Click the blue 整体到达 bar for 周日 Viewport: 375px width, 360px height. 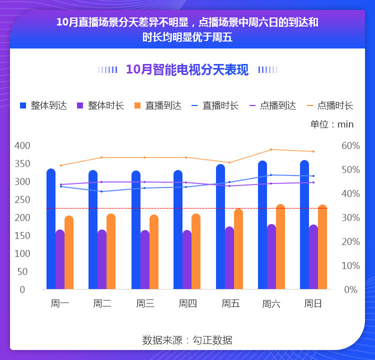coord(304,224)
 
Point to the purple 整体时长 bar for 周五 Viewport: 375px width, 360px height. coord(229,258)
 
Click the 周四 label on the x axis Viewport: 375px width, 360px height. coord(187,303)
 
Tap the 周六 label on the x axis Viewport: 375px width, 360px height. coord(271,303)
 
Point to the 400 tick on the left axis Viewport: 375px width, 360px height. coord(22,145)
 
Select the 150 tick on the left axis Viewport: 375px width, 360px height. coord(22,235)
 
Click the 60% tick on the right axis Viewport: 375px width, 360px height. coord(350,145)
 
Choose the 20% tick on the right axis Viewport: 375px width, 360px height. coord(350,241)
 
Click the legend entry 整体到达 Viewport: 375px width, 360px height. coord(43,105)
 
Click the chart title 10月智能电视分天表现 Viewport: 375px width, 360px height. coord(187,69)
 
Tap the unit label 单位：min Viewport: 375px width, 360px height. coord(332,124)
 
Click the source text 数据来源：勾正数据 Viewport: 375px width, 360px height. coord(187,340)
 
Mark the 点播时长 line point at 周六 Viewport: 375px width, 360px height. coord(271,149)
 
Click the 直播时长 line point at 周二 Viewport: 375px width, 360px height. coord(101,191)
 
